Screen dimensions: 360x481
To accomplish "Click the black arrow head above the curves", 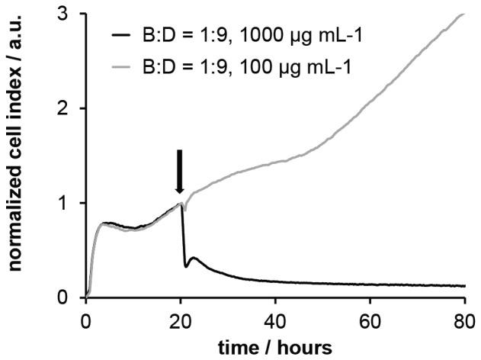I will pyautogui.click(x=180, y=188).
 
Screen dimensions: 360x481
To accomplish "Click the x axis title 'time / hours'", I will pyautogui.click(x=275, y=346).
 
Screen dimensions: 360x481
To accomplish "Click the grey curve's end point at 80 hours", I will pyautogui.click(x=463, y=14).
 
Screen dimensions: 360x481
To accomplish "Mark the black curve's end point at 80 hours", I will pyautogui.click(x=463, y=286).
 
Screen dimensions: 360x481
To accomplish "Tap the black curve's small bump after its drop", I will pyautogui.click(x=194, y=259).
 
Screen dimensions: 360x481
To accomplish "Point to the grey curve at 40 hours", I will pyautogui.click(x=275, y=162).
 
